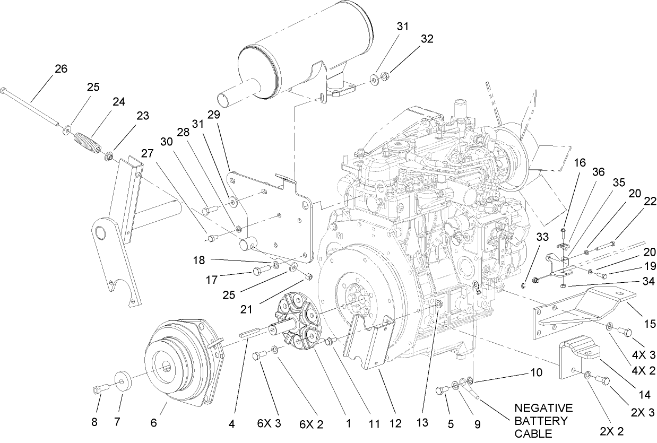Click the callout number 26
61,68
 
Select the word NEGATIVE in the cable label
544,408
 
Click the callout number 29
213,115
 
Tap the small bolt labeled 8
98,390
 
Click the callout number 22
650,202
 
